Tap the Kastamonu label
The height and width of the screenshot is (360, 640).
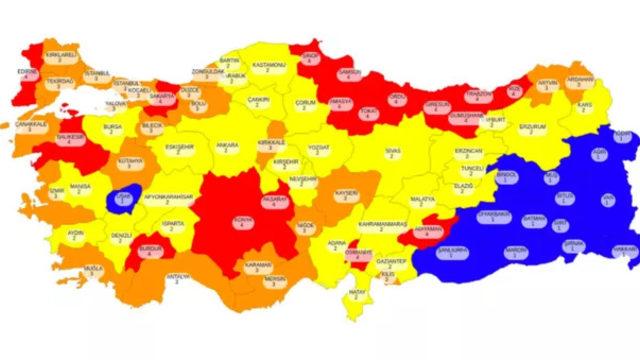tap(269, 67)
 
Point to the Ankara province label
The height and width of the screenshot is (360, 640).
tap(227, 148)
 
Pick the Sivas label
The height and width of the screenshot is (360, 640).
tap(392, 152)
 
